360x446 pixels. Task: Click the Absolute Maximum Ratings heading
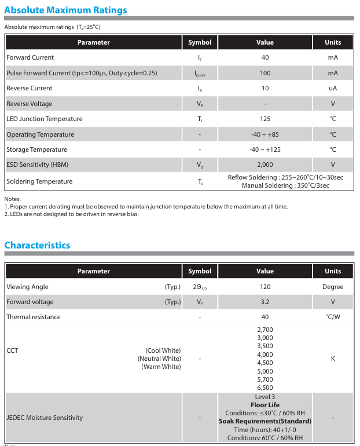[65, 10]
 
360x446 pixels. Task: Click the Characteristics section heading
[37, 245]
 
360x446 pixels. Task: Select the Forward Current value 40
[265, 57]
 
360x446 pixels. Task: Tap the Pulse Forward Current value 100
[265, 73]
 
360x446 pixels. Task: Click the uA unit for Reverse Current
[333, 88]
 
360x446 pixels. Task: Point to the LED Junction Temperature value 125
[265, 119]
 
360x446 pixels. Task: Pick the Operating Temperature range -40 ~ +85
[265, 134]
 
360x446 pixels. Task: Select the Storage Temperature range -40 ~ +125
[265, 149]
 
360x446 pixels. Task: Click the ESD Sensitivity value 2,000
[265, 164]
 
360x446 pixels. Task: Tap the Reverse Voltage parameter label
[30, 104]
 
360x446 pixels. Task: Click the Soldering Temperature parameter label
[39, 181]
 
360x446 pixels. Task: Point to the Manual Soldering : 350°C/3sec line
[285, 185]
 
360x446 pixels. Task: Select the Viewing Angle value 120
[265, 287]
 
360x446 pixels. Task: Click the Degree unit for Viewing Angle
[333, 287]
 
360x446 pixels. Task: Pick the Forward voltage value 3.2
[265, 302]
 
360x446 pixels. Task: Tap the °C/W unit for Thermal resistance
[333, 317]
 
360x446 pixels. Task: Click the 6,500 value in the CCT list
[265, 387]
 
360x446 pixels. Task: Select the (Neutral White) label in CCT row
[159, 359]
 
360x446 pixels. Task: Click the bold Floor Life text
[265, 405]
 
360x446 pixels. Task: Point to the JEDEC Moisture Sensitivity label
[45, 418]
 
